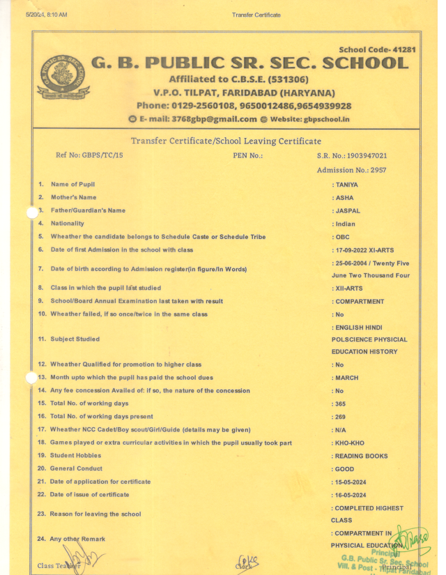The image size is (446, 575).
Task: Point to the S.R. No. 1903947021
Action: pyautogui.click(x=352, y=155)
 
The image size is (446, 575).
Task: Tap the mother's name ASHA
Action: pyautogui.click(x=344, y=198)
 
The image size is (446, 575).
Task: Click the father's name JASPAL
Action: pyautogui.click(x=348, y=210)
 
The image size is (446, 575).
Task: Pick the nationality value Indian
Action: pyautogui.click(x=345, y=224)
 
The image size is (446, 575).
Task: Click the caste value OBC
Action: pyautogui.click(x=343, y=237)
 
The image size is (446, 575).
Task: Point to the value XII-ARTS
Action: pyautogui.click(x=349, y=289)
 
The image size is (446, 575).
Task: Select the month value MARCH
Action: pyautogui.click(x=347, y=378)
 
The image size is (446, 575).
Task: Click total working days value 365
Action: pyautogui.click(x=340, y=404)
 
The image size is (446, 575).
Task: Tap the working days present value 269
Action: pyautogui.click(x=340, y=417)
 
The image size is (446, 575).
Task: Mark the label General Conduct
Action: pyautogui.click(x=76, y=469)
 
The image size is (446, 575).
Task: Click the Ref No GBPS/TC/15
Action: pyautogui.click(x=89, y=155)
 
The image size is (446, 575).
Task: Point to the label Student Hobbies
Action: pyautogui.click(x=77, y=456)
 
